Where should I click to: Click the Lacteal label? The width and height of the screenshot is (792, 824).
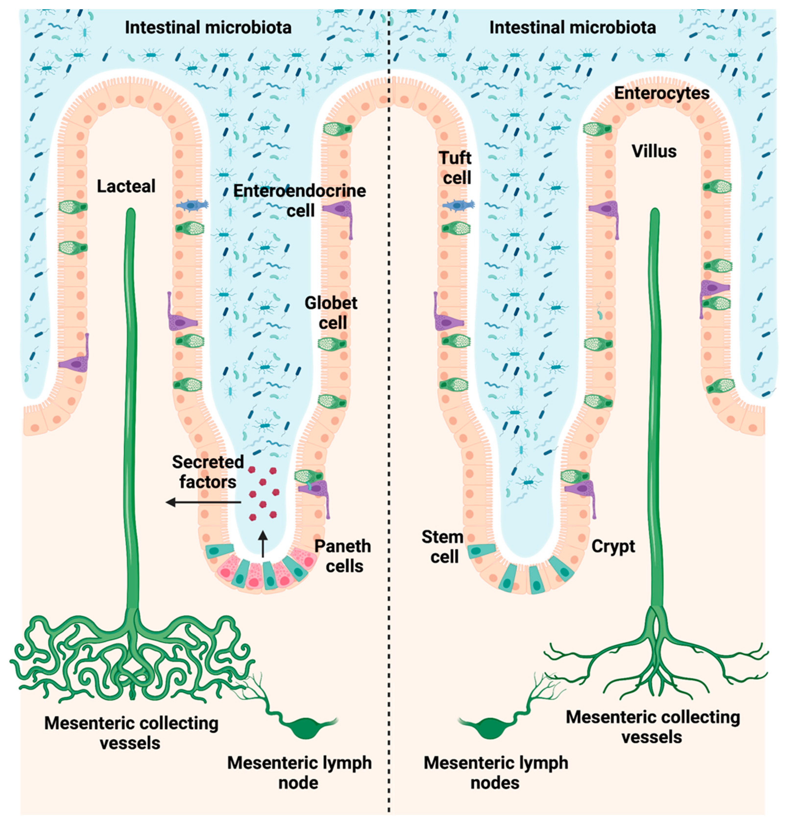[126, 186]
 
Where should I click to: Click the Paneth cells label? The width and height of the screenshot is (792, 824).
[343, 556]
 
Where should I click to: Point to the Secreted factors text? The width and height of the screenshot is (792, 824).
[208, 471]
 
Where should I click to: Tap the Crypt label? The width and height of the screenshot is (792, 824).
[613, 546]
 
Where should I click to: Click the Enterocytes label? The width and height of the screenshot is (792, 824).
[662, 93]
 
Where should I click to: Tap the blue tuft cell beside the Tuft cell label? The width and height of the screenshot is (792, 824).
[458, 205]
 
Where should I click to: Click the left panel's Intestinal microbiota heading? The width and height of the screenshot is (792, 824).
[208, 28]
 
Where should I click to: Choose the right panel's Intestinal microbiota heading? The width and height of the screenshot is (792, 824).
[573, 28]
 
